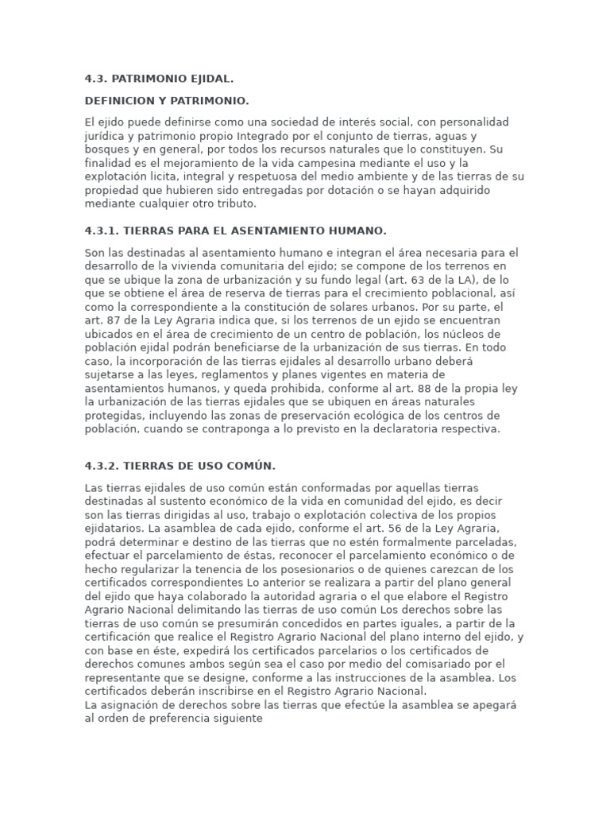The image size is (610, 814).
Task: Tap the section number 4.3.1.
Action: tap(102, 231)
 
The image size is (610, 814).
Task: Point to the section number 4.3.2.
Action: tap(102, 466)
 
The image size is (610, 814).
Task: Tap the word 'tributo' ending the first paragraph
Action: tap(236, 203)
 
